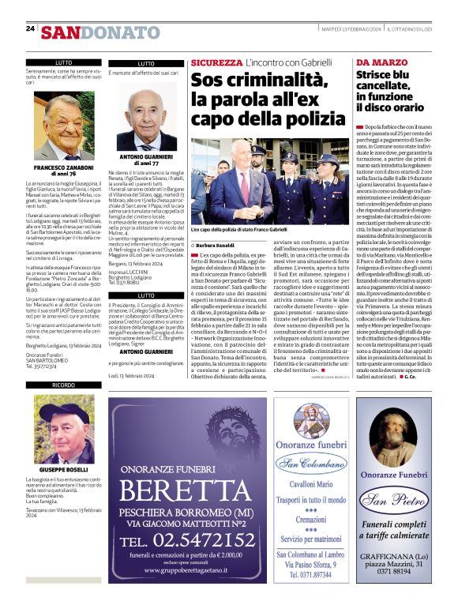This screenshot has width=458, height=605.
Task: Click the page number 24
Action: point(30,28)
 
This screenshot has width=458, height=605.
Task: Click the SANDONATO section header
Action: point(99,32)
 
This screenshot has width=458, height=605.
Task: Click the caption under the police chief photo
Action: point(238,228)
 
